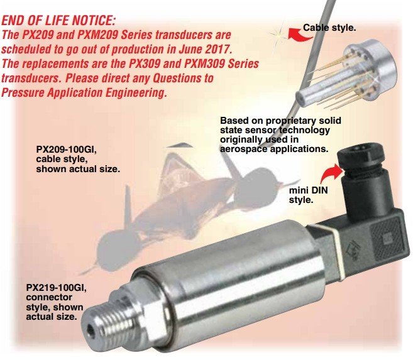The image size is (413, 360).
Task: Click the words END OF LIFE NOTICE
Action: point(58,21)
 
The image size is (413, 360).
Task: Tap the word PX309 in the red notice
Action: point(144,63)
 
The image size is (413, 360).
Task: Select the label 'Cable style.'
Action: point(329,28)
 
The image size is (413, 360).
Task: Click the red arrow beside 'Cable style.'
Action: point(299,35)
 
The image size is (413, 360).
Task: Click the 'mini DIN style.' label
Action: point(309,195)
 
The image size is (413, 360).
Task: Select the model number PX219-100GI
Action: point(57,288)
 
